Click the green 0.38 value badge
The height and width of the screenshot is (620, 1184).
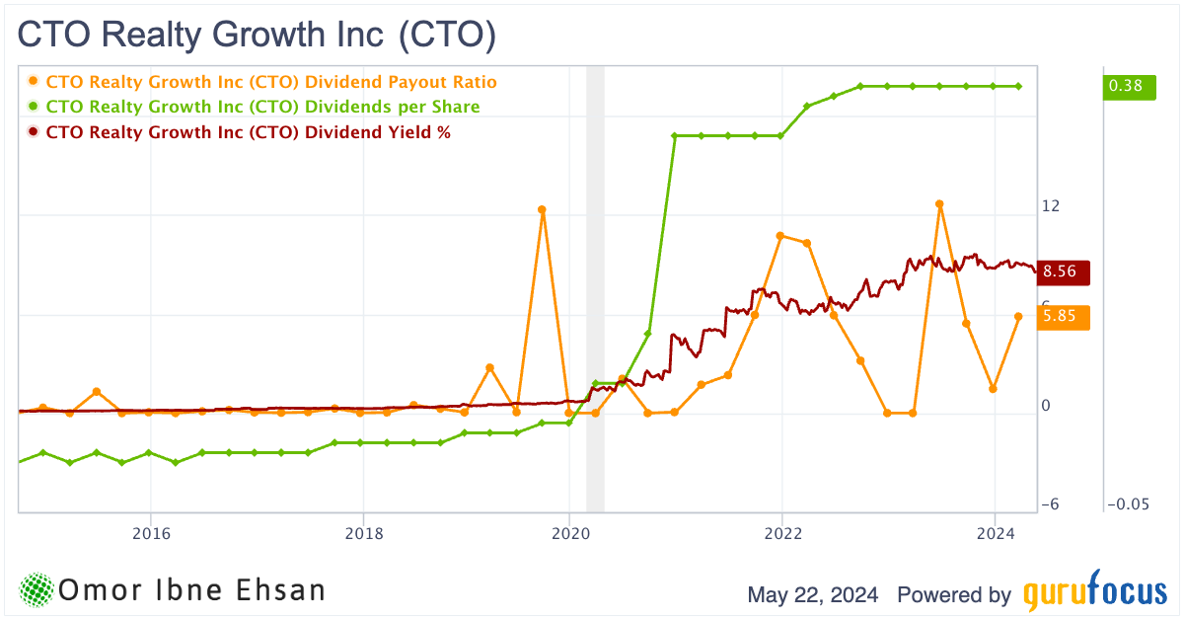pos(1126,86)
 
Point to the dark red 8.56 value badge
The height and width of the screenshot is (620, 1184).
pos(1064,271)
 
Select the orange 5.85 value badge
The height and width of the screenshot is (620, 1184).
pos(1064,317)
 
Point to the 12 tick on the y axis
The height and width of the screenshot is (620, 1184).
pos(1051,206)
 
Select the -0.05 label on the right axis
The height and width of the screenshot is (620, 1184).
pos(1129,504)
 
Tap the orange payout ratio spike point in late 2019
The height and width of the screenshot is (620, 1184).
pos(542,209)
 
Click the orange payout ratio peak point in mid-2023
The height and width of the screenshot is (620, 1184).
pos(940,203)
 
